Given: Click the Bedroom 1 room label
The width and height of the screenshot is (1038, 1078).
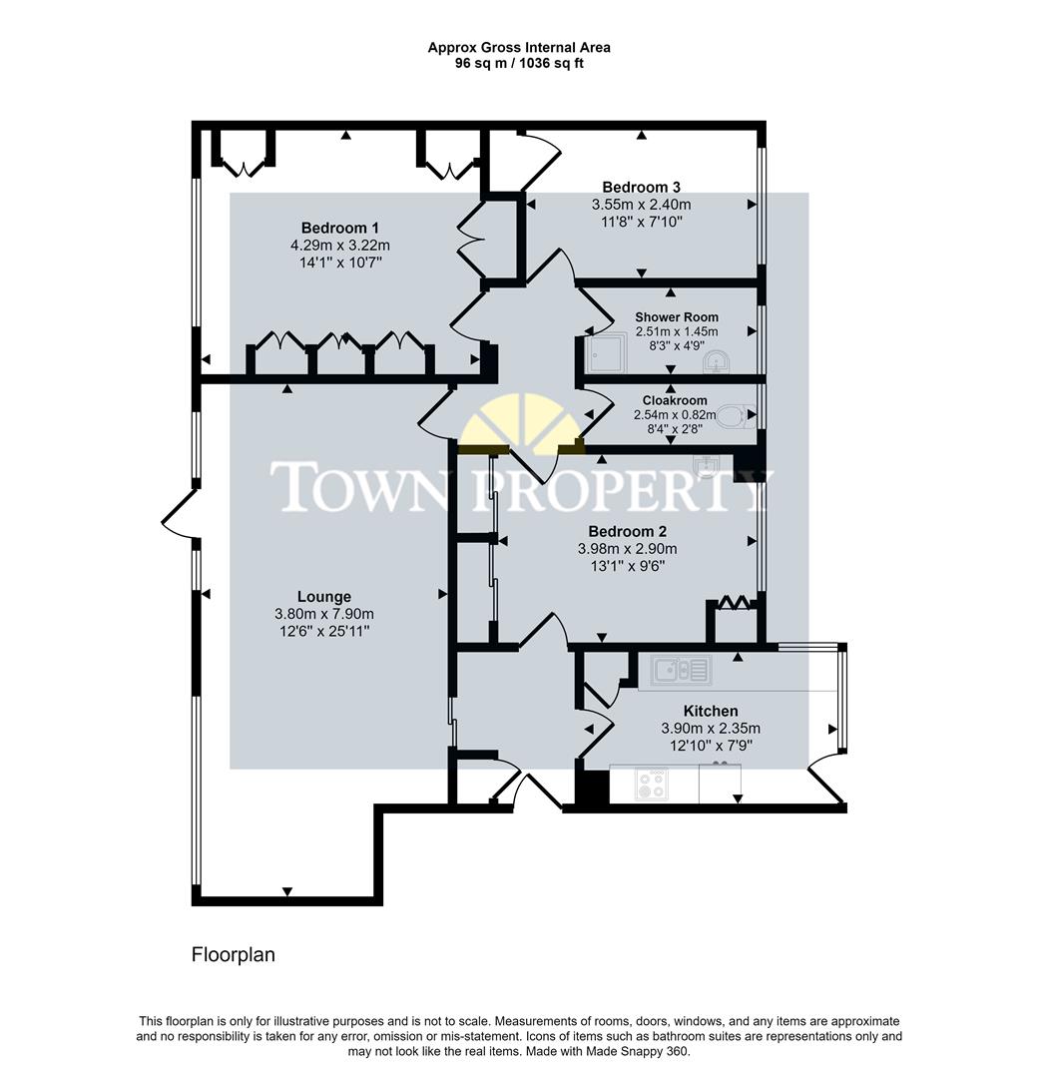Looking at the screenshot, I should click(339, 227).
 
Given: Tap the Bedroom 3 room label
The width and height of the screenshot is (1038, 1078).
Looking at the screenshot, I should click(641, 187).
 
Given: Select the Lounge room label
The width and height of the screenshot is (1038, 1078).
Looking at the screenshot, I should click(323, 597).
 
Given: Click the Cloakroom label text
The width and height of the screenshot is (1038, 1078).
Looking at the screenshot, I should click(675, 400).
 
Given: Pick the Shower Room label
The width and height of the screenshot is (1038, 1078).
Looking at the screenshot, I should click(677, 317).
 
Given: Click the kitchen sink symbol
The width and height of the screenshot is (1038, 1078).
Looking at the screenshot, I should click(681, 669).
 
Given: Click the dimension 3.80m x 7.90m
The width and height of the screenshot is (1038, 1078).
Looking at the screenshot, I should click(323, 614).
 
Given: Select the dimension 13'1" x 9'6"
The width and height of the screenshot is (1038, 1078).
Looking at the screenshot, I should click(627, 566).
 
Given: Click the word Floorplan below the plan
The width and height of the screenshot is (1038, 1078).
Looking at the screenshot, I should click(233, 955).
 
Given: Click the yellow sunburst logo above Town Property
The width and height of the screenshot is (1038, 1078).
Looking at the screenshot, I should click(519, 424).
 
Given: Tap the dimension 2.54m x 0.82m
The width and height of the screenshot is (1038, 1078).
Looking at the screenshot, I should click(675, 414).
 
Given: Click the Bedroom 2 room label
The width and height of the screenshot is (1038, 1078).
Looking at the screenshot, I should click(627, 531).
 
